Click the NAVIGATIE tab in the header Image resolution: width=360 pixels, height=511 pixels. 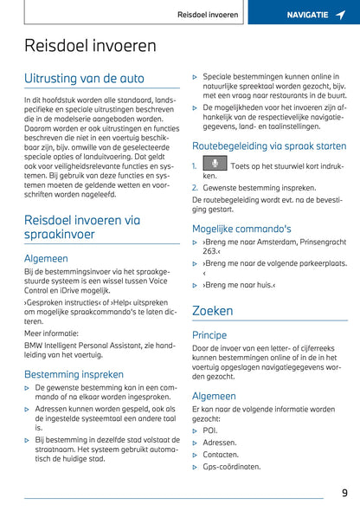307,15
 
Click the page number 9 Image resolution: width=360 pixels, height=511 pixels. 344,493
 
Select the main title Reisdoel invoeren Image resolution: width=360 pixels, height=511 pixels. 90,46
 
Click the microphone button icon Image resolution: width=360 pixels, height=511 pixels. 214,164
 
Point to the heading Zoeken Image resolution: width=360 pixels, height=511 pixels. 212,310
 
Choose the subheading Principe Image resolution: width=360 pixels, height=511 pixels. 209,334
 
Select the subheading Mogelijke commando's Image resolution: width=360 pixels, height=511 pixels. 241,229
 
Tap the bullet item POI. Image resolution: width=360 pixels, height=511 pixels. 210,430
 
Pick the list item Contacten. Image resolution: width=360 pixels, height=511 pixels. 221,454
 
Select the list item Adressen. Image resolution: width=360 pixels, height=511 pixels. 220,442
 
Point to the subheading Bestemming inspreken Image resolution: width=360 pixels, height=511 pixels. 74,374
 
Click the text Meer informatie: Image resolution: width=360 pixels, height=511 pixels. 50,330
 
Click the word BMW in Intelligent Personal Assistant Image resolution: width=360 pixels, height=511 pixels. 34,345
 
